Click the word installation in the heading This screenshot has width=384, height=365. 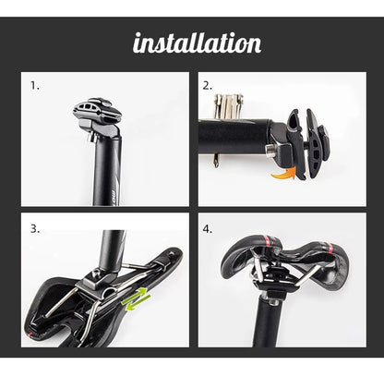[197, 43]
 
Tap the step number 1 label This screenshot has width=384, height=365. [35, 85]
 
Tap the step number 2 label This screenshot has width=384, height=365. [208, 85]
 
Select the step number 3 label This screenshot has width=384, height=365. [34, 227]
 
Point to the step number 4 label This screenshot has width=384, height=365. [208, 227]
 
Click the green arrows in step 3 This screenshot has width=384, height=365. [138, 298]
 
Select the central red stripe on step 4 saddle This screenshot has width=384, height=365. [277, 248]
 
